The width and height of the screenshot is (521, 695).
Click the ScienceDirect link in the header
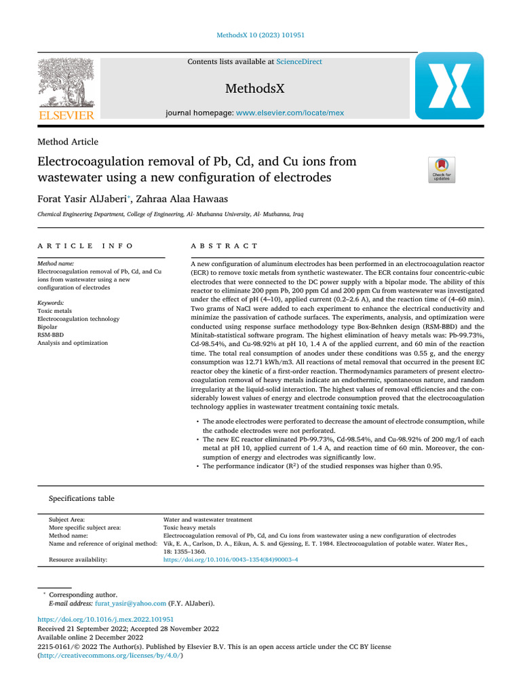[x=299, y=62]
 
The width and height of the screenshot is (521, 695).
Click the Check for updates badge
[x=441, y=170]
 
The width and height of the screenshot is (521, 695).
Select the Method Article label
[x=68, y=142]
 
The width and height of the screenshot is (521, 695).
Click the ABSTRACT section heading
[x=224, y=246]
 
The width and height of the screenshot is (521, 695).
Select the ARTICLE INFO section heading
[x=85, y=246]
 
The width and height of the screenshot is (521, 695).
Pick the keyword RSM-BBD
[x=51, y=335]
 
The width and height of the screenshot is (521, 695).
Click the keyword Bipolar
[x=48, y=326]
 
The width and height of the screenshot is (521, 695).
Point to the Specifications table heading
[x=81, y=498]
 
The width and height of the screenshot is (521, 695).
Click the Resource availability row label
[x=78, y=560]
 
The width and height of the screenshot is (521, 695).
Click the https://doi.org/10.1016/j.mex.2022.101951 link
[x=105, y=620]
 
